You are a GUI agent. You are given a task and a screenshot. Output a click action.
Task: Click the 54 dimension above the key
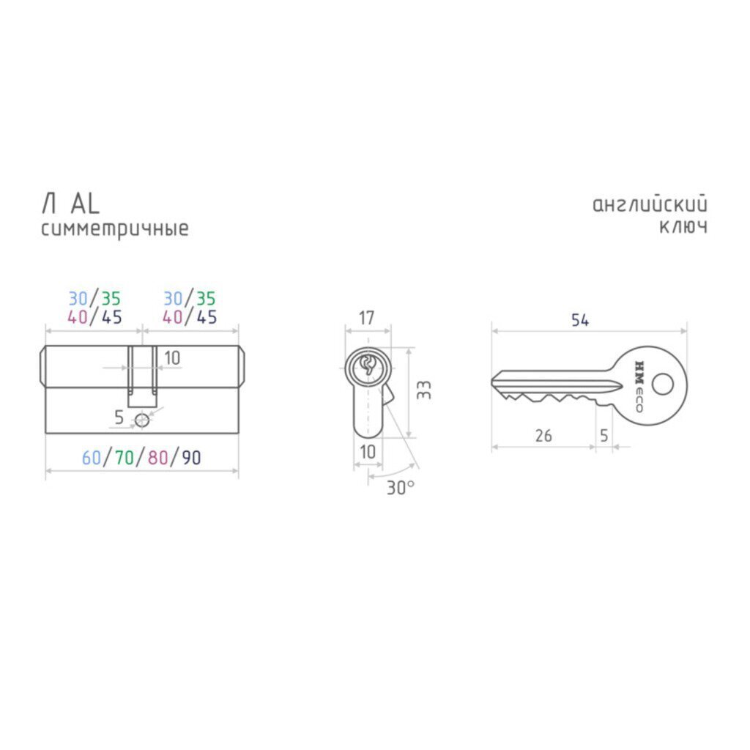(x=580, y=320)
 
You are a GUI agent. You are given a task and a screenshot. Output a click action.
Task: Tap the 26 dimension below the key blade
(x=543, y=435)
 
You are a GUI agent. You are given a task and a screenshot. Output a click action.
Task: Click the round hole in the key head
(x=662, y=384)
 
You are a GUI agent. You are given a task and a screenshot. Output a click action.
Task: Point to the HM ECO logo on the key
(x=639, y=386)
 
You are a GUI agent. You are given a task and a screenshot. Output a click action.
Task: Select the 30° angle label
(x=401, y=487)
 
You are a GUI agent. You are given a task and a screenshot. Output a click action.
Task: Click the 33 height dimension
(x=424, y=390)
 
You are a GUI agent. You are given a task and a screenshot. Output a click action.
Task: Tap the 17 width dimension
(x=366, y=318)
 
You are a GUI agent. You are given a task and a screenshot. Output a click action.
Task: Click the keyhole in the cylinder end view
(x=368, y=365)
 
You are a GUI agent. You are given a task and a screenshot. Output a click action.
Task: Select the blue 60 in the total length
(x=92, y=458)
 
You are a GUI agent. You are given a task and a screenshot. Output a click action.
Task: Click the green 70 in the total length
(x=125, y=458)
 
